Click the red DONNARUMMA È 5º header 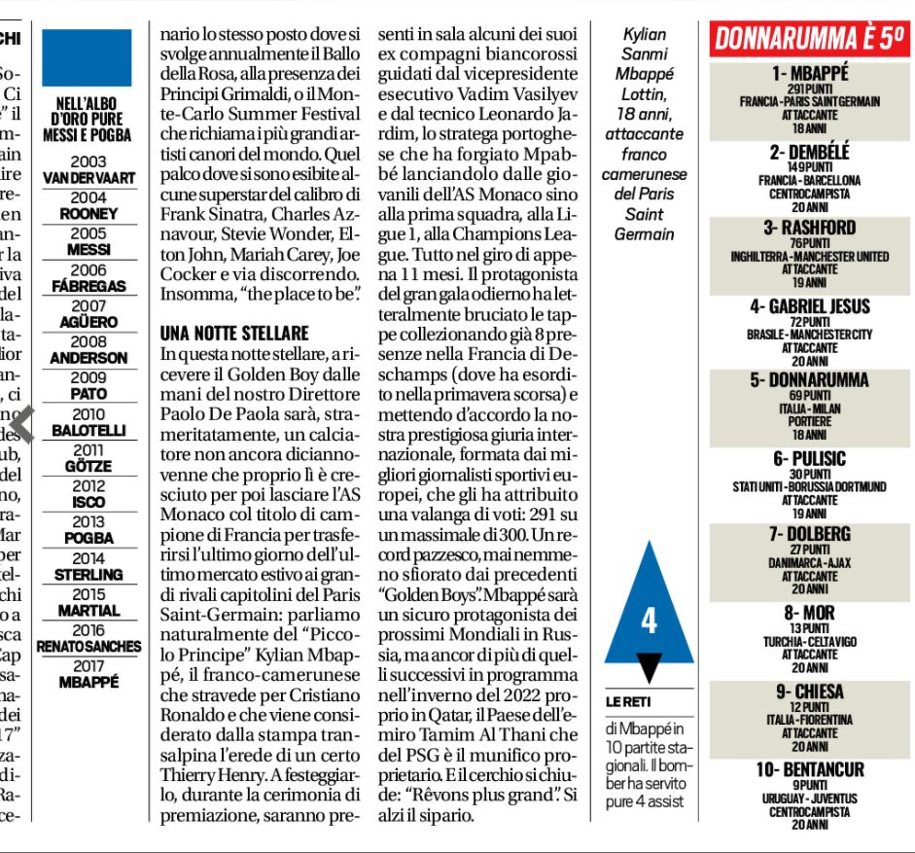[x=811, y=39]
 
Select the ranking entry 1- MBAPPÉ [x=810, y=73]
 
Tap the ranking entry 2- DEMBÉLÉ [x=810, y=152]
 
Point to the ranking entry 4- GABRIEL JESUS [x=810, y=306]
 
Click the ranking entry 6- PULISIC [x=810, y=459]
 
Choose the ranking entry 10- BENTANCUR [x=810, y=769]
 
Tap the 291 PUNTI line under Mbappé [x=810, y=89]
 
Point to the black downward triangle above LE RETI [x=650, y=666]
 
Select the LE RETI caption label [x=629, y=701]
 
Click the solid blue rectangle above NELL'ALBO [x=87, y=58]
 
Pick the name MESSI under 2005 [x=88, y=249]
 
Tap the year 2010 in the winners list [x=88, y=414]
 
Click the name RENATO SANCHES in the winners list [x=88, y=646]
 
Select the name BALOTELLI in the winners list [x=88, y=429]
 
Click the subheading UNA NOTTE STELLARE [x=234, y=334]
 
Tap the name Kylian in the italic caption [x=644, y=34]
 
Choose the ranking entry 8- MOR [x=810, y=614]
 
